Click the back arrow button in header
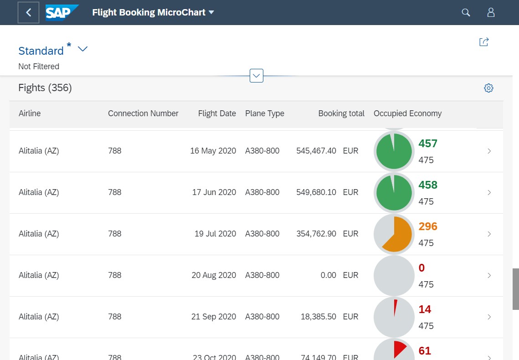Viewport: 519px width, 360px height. pos(29,12)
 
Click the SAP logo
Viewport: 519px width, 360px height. pos(62,12)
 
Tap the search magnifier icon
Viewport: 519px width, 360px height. pos(466,12)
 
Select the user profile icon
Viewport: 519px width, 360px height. pos(491,12)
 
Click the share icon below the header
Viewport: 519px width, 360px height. pos(484,42)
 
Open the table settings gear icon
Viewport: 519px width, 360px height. pos(488,88)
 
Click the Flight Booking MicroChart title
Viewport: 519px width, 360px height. pos(149,12)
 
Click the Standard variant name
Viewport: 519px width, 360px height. pos(41,51)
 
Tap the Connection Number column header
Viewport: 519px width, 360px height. pos(143,113)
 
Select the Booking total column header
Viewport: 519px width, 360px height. pos(341,113)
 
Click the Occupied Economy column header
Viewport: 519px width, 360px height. pos(407,113)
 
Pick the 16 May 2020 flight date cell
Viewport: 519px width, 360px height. pos(213,151)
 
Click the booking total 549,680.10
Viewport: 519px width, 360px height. pos(316,192)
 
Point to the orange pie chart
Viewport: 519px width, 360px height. pos(394,234)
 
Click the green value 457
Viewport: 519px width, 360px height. pos(428,144)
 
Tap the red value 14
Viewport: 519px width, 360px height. pos(425,309)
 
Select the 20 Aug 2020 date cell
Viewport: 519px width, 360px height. pos(214,275)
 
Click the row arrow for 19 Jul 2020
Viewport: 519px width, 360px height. pos(489,234)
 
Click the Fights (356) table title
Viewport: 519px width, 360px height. pos(45,87)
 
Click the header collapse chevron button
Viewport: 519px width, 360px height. pos(257,76)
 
